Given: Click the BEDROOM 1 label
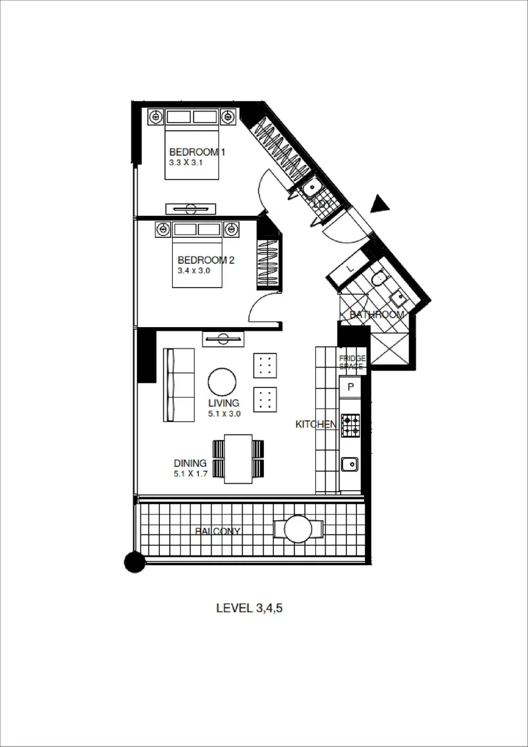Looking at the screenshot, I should (197, 152).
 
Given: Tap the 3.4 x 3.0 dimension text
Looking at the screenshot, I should (194, 271).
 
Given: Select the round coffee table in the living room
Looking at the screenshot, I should (222, 382).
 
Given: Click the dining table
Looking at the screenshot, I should (238, 459).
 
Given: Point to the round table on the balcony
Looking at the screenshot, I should (298, 529).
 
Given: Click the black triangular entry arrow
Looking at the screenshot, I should (379, 204).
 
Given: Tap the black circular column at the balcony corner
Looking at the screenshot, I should (135, 562).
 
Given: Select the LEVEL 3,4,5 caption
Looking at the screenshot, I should (250, 609).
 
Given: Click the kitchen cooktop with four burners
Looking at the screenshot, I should (350, 425).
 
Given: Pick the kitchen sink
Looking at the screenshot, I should (350, 463).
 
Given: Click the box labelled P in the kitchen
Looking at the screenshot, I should (350, 387).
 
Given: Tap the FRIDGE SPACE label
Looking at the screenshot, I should (352, 361).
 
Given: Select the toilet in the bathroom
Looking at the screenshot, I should (378, 278).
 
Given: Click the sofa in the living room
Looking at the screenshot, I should (178, 385).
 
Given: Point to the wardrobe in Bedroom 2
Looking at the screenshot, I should (267, 263).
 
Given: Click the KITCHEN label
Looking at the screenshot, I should (316, 424).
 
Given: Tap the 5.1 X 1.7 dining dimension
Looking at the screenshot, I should (191, 474).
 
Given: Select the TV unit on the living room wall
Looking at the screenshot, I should (223, 338).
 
